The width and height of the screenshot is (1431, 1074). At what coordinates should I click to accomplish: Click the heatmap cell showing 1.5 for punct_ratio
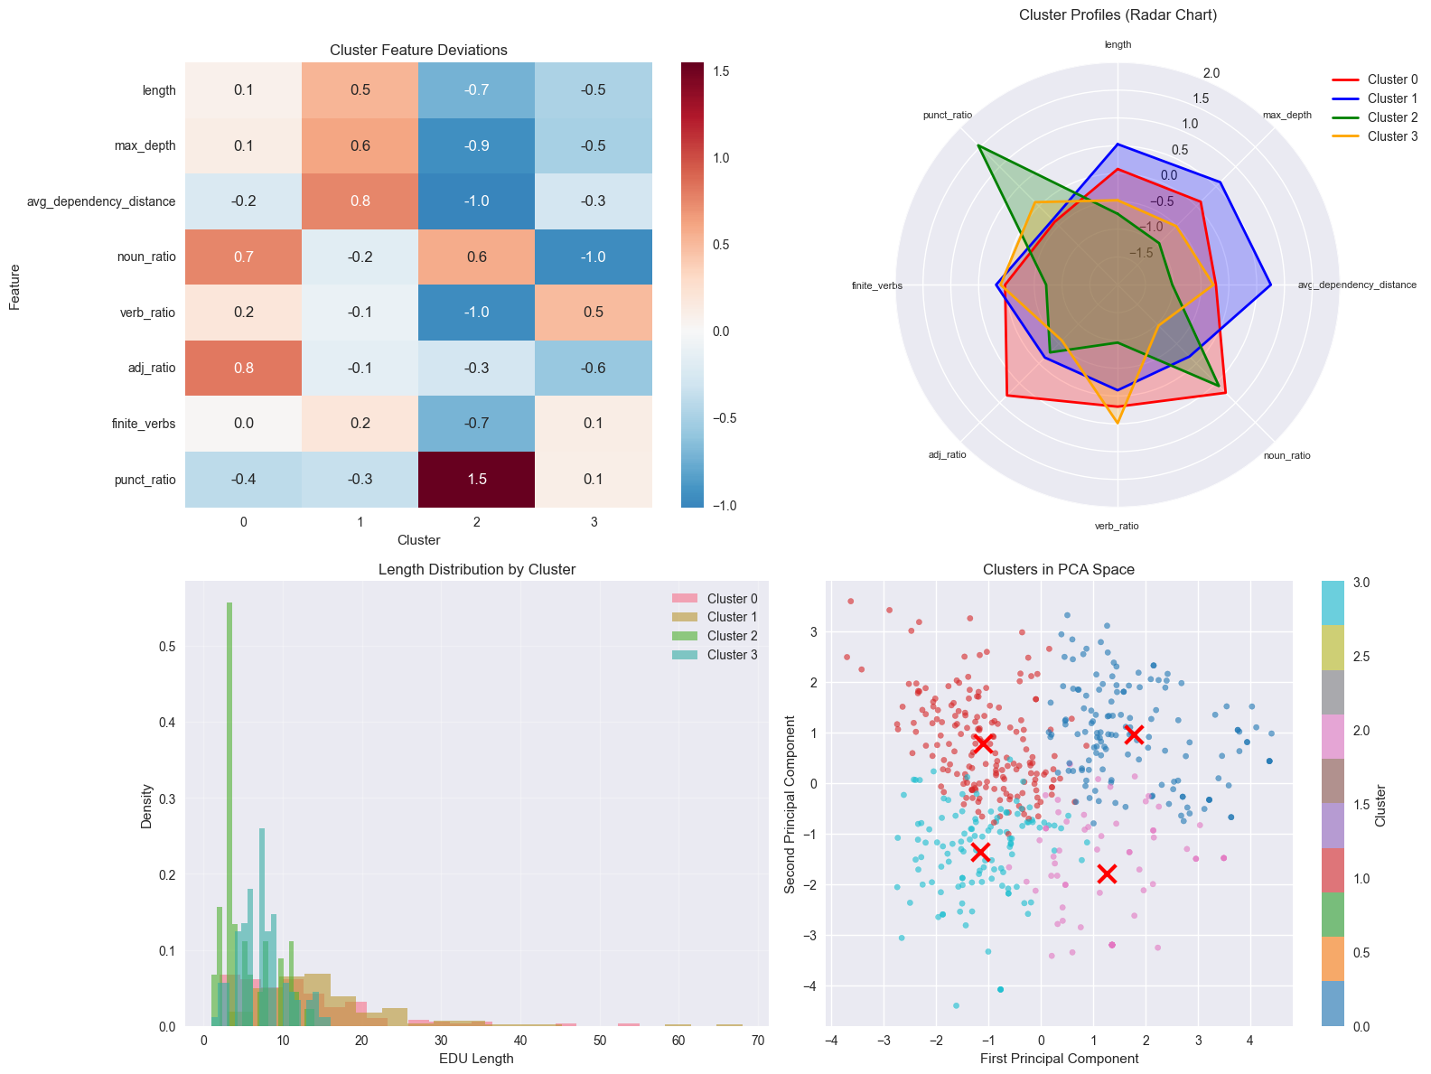[x=477, y=479]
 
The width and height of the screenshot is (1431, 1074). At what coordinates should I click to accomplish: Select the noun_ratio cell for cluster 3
[x=594, y=257]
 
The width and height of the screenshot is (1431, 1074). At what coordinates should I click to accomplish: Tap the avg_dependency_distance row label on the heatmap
[x=101, y=201]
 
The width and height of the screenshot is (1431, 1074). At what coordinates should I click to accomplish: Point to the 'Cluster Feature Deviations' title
[x=418, y=51]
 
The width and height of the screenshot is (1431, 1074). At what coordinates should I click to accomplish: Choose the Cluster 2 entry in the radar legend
[x=1373, y=117]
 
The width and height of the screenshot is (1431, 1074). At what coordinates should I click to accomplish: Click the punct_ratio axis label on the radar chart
[x=948, y=116]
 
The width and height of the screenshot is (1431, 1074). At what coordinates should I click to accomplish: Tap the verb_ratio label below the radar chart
[x=1117, y=526]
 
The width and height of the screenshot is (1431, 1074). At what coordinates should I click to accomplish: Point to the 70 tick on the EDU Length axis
[x=757, y=1041]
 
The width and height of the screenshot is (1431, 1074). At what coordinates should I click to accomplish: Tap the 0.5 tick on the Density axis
[x=169, y=647]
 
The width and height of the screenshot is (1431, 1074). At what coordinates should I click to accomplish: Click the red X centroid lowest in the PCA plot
[x=1107, y=873]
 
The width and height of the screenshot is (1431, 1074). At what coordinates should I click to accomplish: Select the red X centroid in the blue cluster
[x=1135, y=734]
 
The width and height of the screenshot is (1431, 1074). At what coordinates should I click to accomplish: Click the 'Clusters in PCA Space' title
[x=1058, y=569]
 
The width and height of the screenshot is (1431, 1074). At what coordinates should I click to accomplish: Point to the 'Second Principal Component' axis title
[x=790, y=804]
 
